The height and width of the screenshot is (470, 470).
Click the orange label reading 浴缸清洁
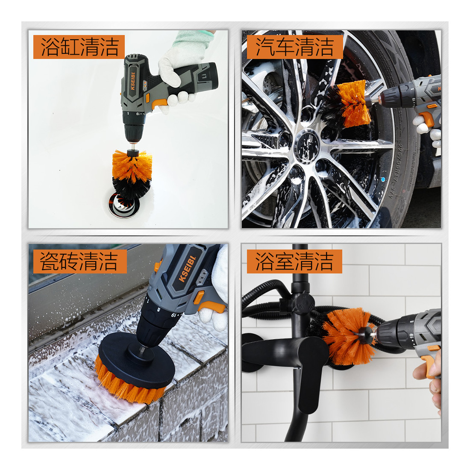(79, 47)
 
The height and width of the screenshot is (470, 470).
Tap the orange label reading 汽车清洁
(295, 47)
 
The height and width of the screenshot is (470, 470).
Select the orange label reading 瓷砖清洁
(80, 261)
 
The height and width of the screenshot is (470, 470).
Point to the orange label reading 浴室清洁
(294, 261)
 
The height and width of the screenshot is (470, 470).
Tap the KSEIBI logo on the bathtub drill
(132, 81)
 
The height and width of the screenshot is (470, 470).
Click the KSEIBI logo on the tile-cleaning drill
(187, 269)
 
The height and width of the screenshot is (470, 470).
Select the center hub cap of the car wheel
(306, 147)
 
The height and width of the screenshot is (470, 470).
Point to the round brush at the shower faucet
(348, 336)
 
